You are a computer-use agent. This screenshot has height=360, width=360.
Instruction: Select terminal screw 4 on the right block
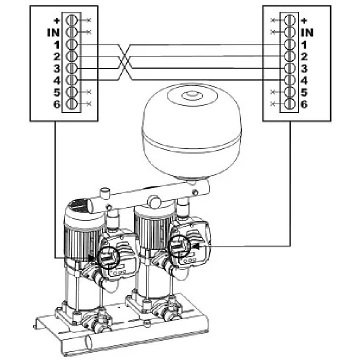(288, 80)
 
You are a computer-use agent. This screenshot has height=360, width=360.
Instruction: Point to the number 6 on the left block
(56, 104)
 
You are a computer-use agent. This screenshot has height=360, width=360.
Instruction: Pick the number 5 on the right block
(303, 92)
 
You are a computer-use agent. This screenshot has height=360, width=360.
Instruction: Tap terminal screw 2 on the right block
(288, 56)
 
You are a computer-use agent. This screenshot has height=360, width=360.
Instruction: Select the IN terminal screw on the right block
(288, 32)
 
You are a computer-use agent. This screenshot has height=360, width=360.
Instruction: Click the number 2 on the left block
(56, 56)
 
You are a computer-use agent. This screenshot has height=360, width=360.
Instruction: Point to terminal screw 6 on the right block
(288, 104)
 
